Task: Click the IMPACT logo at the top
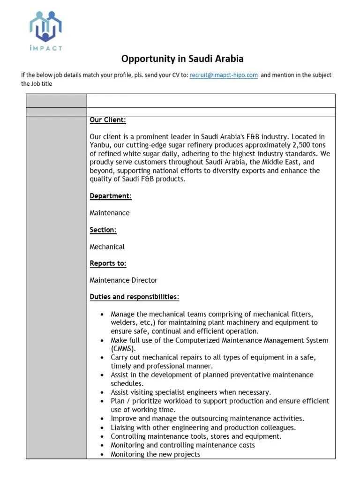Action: (x=45, y=30)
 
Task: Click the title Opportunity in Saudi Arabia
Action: (x=182, y=59)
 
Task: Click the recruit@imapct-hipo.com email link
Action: (x=224, y=75)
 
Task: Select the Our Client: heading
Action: (x=108, y=120)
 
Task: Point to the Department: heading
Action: (x=111, y=196)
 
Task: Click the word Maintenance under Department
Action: (x=110, y=213)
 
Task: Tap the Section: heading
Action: (x=103, y=230)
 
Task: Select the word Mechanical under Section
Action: (x=107, y=247)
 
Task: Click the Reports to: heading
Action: (x=108, y=263)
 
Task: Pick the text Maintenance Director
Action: (x=123, y=280)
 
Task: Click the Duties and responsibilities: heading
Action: (x=134, y=297)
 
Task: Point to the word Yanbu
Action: (x=99, y=145)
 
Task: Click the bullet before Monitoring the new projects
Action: (x=103, y=454)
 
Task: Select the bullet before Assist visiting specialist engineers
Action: (x=103, y=392)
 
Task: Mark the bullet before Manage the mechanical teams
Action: (x=103, y=314)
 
